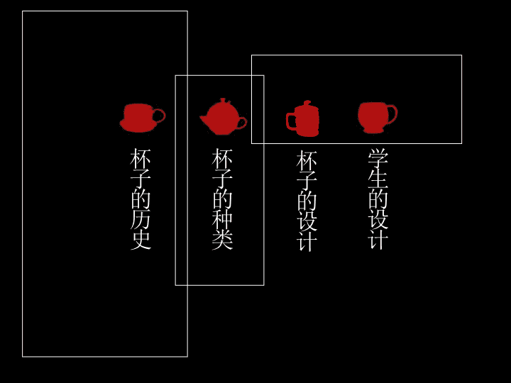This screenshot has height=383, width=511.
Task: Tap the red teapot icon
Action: pos(224,116)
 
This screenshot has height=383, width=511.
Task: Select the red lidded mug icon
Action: pos(302,118)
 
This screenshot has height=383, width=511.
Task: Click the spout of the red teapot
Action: pos(203,120)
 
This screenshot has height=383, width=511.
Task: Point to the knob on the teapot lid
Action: pos(224,100)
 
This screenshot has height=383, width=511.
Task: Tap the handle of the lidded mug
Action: pos(290,121)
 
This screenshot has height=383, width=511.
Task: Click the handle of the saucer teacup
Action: pos(160,116)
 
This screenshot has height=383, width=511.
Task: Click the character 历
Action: pos(141,220)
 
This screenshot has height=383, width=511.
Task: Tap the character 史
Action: pos(141,240)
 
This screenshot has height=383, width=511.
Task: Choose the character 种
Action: pos(222,220)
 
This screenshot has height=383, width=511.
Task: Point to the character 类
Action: pos(222,240)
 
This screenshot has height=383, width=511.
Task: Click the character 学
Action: pos(378,158)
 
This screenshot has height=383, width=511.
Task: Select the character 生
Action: pos(378,179)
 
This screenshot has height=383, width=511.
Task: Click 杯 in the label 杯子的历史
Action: pos(141,159)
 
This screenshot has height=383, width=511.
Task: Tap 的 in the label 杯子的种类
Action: pos(222,199)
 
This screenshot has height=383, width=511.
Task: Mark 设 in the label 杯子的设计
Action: pos(307,221)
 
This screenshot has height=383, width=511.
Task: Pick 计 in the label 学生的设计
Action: pos(378,240)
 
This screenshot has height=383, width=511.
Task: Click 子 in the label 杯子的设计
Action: pos(307,180)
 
